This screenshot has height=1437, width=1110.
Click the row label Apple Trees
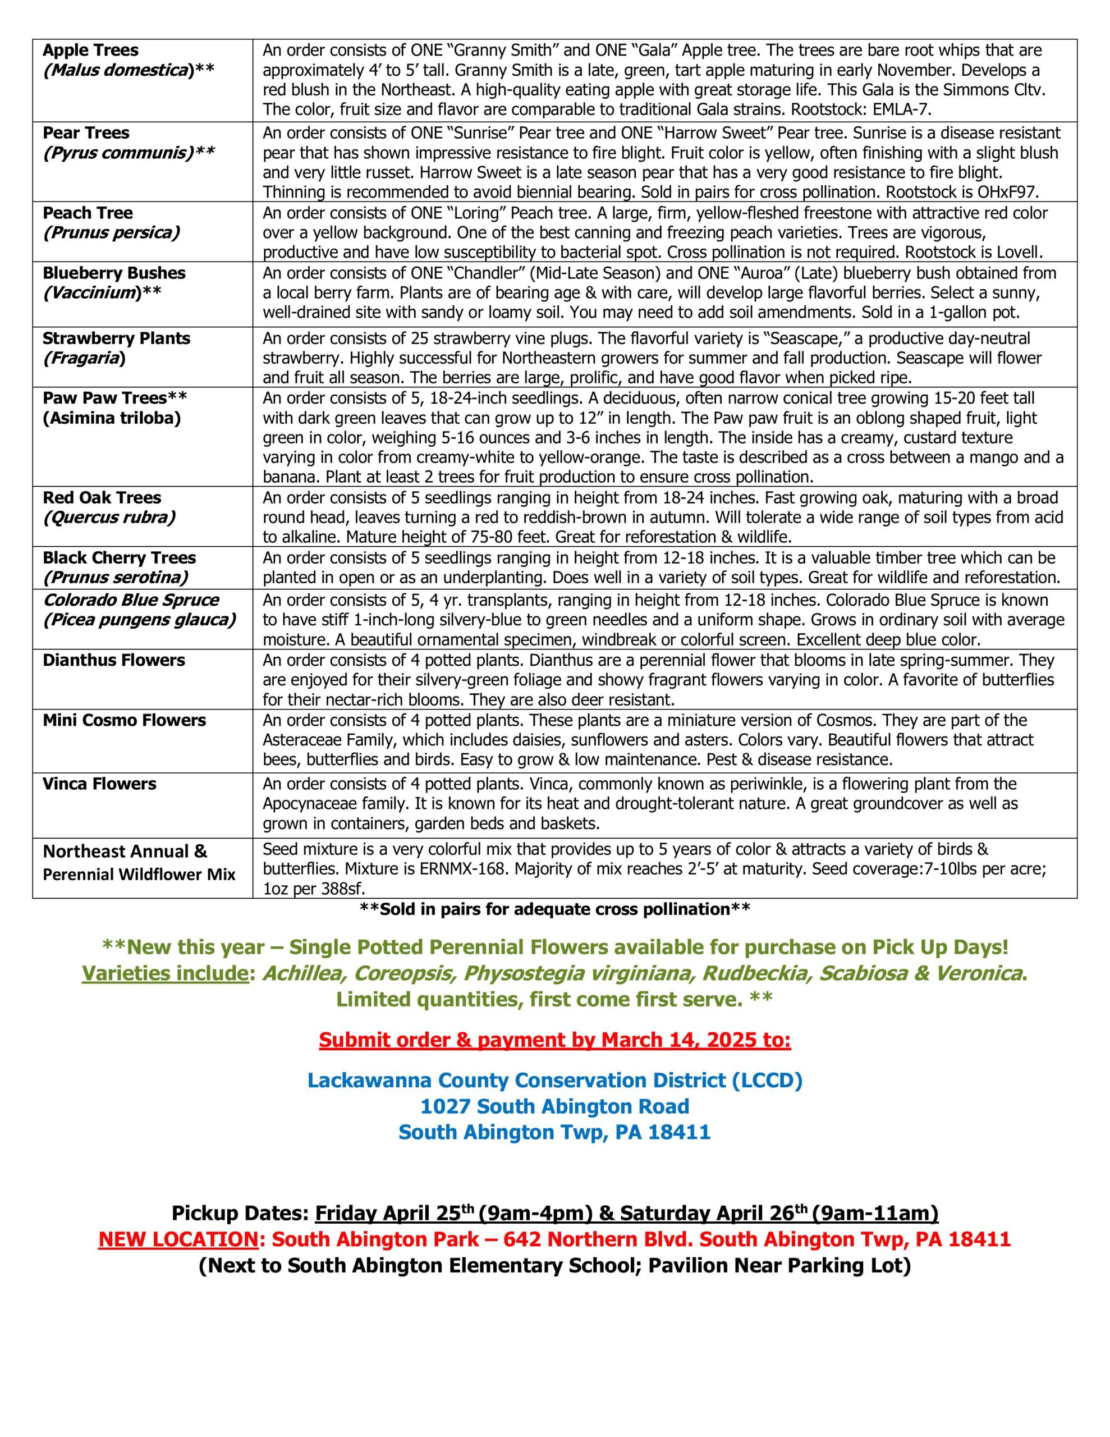click(91, 50)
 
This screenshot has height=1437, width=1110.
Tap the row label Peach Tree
click(88, 213)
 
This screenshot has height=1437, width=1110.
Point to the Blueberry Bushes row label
click(114, 273)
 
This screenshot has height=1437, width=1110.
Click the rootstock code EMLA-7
click(902, 109)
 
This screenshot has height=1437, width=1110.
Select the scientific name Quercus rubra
click(109, 517)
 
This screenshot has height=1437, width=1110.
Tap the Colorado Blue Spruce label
click(131, 600)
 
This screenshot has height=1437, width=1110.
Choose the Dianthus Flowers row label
click(114, 660)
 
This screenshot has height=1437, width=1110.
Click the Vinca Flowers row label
click(99, 784)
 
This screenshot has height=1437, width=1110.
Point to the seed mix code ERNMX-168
click(462, 868)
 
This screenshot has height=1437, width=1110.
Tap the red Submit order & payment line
click(554, 1040)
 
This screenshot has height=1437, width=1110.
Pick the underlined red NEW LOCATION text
click(178, 1239)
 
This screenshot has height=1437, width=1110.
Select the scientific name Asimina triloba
click(112, 418)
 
